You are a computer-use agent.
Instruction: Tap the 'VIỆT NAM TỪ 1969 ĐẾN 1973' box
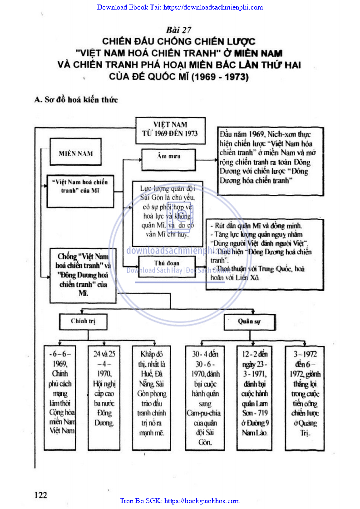(x=170, y=129)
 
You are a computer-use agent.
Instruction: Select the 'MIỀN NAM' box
(x=75, y=153)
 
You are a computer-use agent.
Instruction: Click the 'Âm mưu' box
(x=168, y=157)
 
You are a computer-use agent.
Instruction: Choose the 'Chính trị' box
(x=83, y=321)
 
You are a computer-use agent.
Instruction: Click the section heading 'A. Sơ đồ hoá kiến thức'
(x=76, y=99)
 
